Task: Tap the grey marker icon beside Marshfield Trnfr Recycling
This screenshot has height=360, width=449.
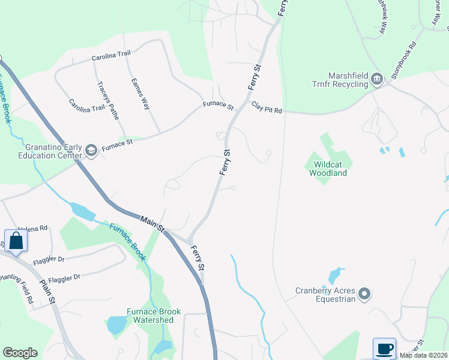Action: pos(377,79)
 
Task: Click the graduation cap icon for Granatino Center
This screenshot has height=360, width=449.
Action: pos(91,150)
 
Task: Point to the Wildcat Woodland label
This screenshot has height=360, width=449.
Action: pos(328,168)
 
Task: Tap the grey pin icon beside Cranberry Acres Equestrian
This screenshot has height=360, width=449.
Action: pos(364,294)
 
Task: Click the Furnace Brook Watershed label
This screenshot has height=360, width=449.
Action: pos(150,316)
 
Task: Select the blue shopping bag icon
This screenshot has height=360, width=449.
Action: pos(16,241)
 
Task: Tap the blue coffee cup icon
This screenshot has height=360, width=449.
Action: pos(384,349)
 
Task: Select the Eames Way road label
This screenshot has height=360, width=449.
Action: pos(141,94)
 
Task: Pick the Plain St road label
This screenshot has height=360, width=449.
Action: pos(47,290)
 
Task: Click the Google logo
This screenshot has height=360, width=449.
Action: pos(20,353)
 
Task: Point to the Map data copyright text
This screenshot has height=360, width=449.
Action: pos(423,355)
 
